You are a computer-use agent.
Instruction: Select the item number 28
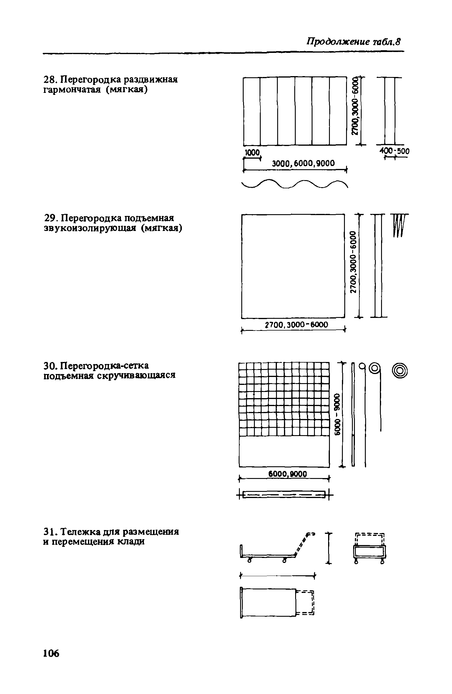click(x=49, y=80)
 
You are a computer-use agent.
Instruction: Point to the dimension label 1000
click(x=253, y=152)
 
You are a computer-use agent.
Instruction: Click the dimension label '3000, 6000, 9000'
click(x=303, y=163)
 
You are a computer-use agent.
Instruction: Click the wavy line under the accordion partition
click(x=294, y=185)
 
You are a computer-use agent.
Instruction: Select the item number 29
click(x=49, y=218)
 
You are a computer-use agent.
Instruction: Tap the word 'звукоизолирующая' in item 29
click(x=89, y=228)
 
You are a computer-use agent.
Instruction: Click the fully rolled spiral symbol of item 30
click(x=401, y=371)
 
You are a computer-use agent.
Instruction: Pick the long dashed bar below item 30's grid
click(x=284, y=495)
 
